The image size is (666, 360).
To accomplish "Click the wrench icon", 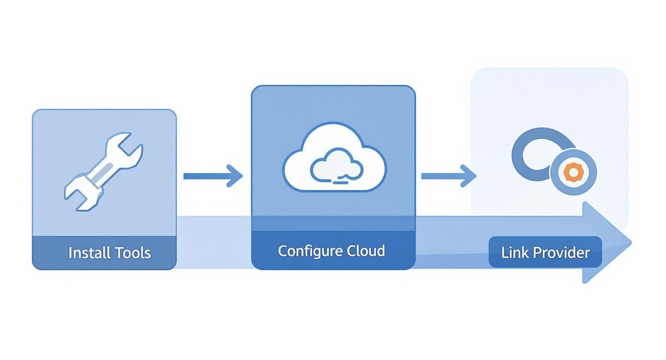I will click(x=103, y=172).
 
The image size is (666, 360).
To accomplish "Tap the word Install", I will click(x=86, y=253).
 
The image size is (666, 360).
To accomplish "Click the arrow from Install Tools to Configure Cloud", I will click(x=213, y=176).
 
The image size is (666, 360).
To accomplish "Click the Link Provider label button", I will click(x=545, y=252).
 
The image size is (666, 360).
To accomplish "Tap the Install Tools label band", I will click(x=104, y=253).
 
